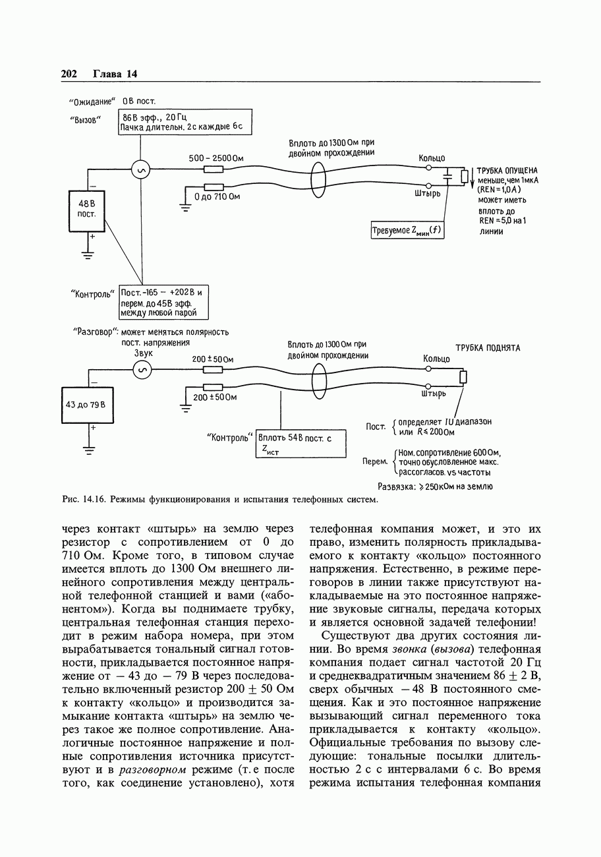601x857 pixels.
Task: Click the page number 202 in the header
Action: click(x=69, y=74)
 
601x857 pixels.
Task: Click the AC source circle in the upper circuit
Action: click(x=141, y=170)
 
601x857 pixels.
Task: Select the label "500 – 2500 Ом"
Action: click(x=216, y=158)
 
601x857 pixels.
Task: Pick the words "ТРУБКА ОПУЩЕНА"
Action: click(x=507, y=169)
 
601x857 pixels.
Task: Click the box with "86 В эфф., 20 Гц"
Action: click(x=185, y=122)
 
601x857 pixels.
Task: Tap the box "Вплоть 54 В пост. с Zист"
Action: click(x=300, y=444)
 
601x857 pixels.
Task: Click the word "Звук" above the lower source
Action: click(x=143, y=354)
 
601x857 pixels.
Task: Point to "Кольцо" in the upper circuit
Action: click(x=432, y=158)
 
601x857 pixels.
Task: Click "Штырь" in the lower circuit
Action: click(x=433, y=394)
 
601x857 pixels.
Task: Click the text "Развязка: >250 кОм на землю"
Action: click(x=435, y=487)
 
